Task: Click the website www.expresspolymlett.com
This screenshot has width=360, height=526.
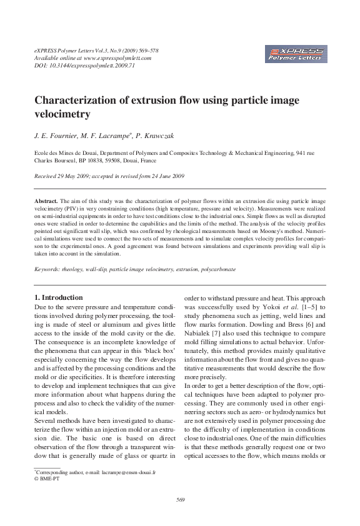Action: click(117, 57)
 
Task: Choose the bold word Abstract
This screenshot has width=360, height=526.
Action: click(46, 201)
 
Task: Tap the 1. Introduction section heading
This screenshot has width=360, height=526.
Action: click(58, 297)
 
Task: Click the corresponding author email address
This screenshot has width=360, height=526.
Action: click(132, 473)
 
